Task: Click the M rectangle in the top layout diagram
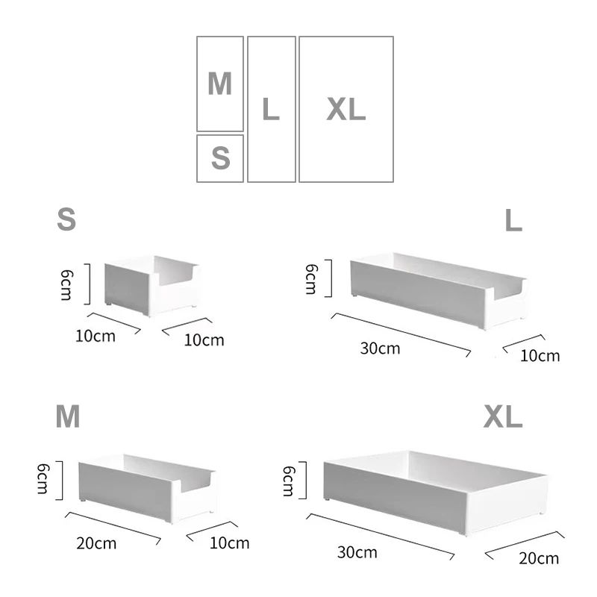pyautogui.click(x=220, y=84)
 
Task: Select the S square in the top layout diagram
pyautogui.click(x=220, y=158)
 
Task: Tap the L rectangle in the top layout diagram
pyautogui.click(x=271, y=109)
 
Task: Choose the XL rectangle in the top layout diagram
pyautogui.click(x=346, y=109)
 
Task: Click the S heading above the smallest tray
pyautogui.click(x=67, y=219)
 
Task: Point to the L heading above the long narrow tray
pyautogui.click(x=513, y=220)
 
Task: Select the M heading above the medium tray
pyautogui.click(x=68, y=417)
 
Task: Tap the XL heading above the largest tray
pyautogui.click(x=503, y=417)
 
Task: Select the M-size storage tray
pyautogui.click(x=147, y=485)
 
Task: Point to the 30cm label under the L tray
pyautogui.click(x=380, y=348)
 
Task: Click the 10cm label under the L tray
pyautogui.click(x=540, y=355)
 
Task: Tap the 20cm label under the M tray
pyautogui.click(x=96, y=543)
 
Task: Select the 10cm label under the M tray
pyautogui.click(x=229, y=543)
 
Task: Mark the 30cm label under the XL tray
pyautogui.click(x=357, y=553)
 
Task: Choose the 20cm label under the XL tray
pyautogui.click(x=539, y=558)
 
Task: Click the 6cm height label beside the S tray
pyautogui.click(x=66, y=284)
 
